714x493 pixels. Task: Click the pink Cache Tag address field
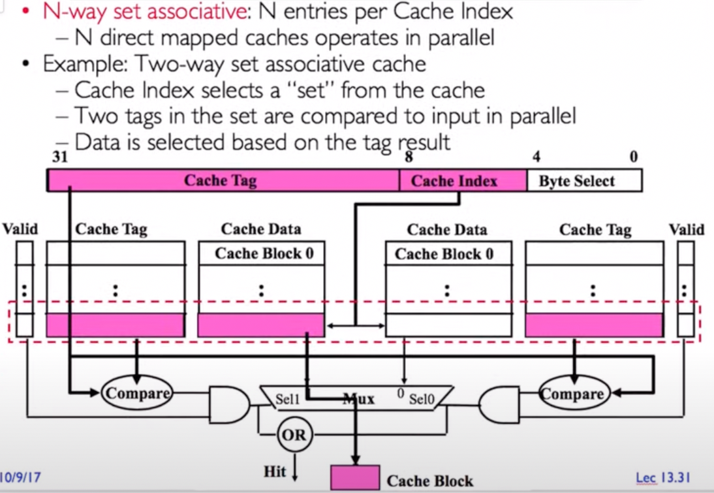tap(222, 180)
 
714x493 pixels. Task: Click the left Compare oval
tap(136, 392)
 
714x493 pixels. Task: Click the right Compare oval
tap(572, 393)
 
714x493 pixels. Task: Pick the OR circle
tap(293, 434)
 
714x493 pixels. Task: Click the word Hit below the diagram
tap(275, 471)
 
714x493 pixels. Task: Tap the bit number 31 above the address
tap(59, 157)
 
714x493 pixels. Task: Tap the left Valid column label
tap(20, 229)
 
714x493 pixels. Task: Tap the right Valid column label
tap(687, 229)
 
